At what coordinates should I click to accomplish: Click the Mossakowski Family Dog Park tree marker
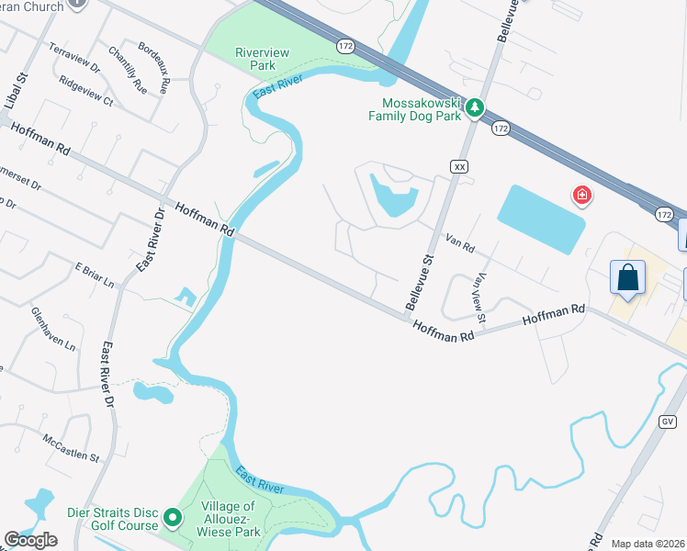click(475, 108)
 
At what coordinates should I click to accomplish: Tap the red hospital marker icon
click(580, 195)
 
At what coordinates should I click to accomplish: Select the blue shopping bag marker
click(627, 277)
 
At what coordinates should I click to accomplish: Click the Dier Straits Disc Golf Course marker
click(172, 519)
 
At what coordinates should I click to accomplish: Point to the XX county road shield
click(459, 165)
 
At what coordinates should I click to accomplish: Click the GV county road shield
click(667, 421)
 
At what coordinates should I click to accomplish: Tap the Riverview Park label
click(262, 59)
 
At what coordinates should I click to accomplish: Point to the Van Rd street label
click(459, 245)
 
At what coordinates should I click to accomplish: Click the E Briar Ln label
click(95, 275)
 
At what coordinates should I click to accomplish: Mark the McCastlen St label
click(71, 446)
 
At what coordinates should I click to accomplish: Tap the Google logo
click(30, 540)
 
